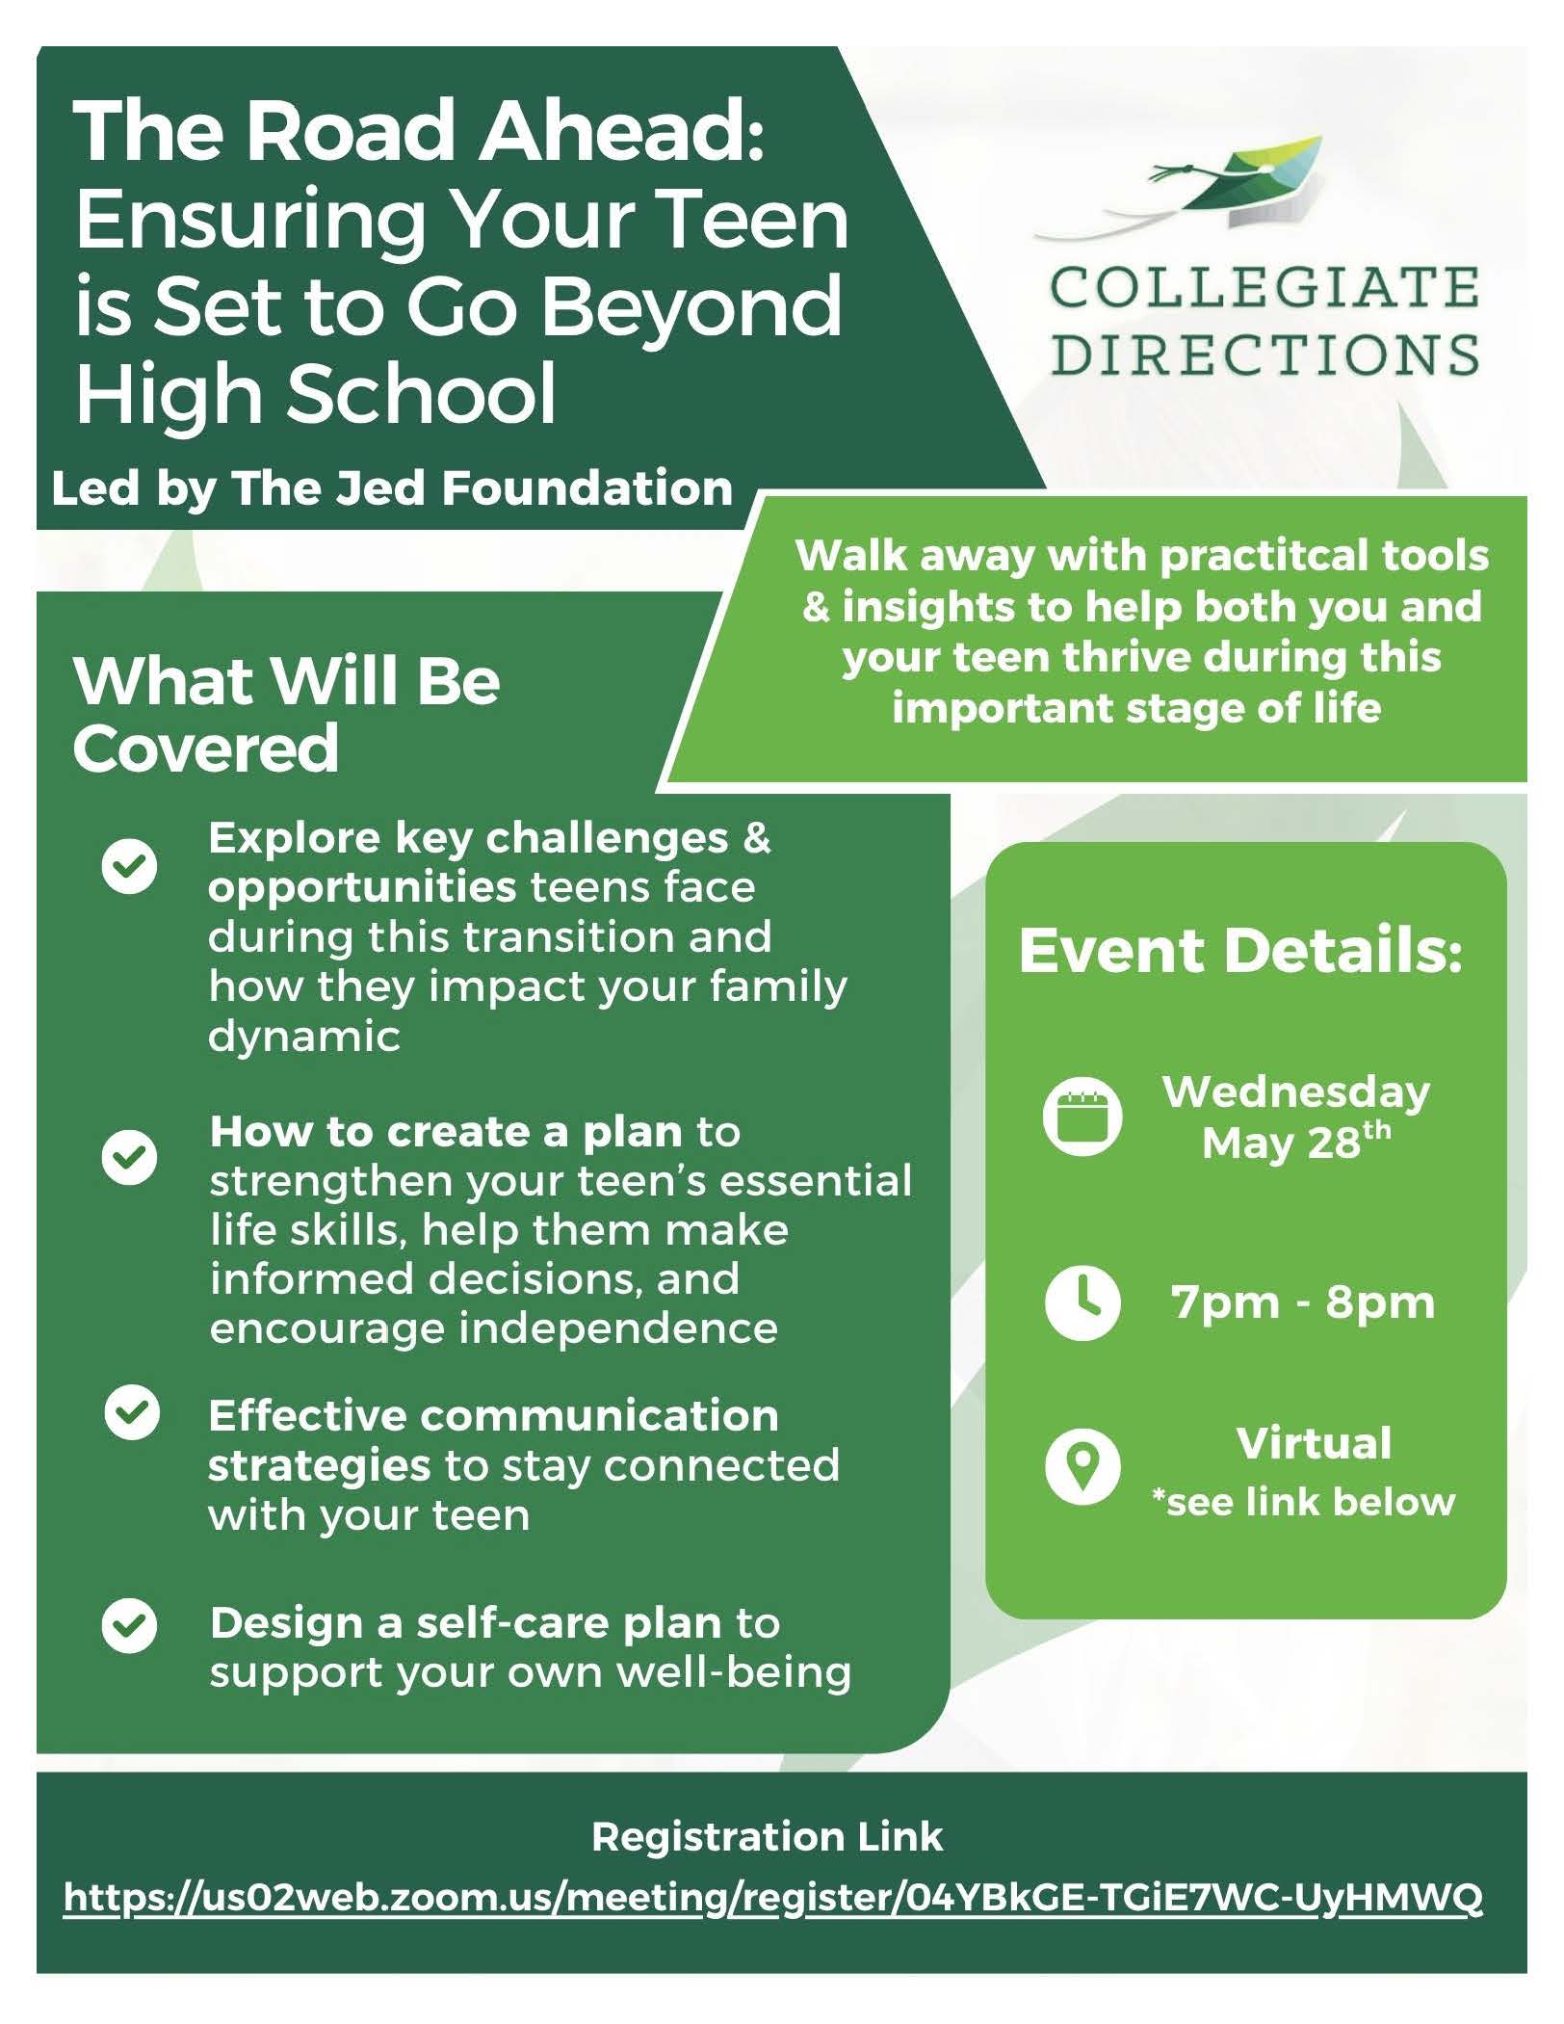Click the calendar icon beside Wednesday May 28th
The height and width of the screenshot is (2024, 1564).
(x=1082, y=1117)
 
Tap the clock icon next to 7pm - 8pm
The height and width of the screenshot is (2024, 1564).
(x=1082, y=1302)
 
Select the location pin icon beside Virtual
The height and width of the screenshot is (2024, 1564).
(x=1082, y=1467)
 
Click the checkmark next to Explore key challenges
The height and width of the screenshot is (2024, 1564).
(x=129, y=865)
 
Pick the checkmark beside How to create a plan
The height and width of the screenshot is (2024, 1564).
(x=129, y=1157)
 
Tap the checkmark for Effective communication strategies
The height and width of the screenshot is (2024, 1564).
(x=132, y=1413)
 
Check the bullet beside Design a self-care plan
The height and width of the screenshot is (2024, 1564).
(x=129, y=1625)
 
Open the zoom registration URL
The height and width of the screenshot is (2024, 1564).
(x=773, y=1899)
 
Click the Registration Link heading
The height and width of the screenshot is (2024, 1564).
(x=768, y=1837)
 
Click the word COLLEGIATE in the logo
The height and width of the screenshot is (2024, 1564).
(x=1264, y=288)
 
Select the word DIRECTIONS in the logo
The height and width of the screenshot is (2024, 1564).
(x=1264, y=354)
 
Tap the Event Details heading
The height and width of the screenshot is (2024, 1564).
(x=1241, y=950)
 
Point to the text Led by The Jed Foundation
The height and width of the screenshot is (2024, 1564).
(x=392, y=488)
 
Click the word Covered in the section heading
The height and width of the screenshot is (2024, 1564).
(x=205, y=749)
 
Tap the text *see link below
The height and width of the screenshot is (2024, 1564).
(x=1304, y=1502)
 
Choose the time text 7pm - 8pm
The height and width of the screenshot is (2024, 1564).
(x=1303, y=1302)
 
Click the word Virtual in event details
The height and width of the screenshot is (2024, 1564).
(x=1314, y=1443)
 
